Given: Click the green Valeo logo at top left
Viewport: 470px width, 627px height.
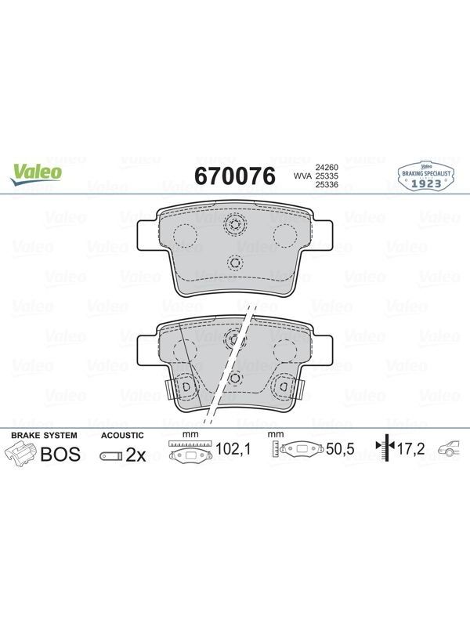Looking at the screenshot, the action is tap(36, 175).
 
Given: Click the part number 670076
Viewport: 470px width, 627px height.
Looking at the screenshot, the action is tap(235, 176).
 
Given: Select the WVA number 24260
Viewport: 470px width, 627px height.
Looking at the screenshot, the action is tap(327, 167).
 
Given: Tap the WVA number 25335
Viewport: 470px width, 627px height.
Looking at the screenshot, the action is tap(327, 176).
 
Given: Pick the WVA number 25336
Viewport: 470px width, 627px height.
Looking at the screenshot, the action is tap(327, 184).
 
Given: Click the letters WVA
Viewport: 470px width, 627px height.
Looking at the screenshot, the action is tap(303, 176).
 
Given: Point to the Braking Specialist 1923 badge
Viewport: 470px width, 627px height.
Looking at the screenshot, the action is tap(426, 176).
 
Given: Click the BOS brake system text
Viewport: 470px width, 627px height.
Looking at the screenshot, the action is tap(61, 455).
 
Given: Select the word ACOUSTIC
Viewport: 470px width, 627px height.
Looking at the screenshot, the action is tap(122, 436).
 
